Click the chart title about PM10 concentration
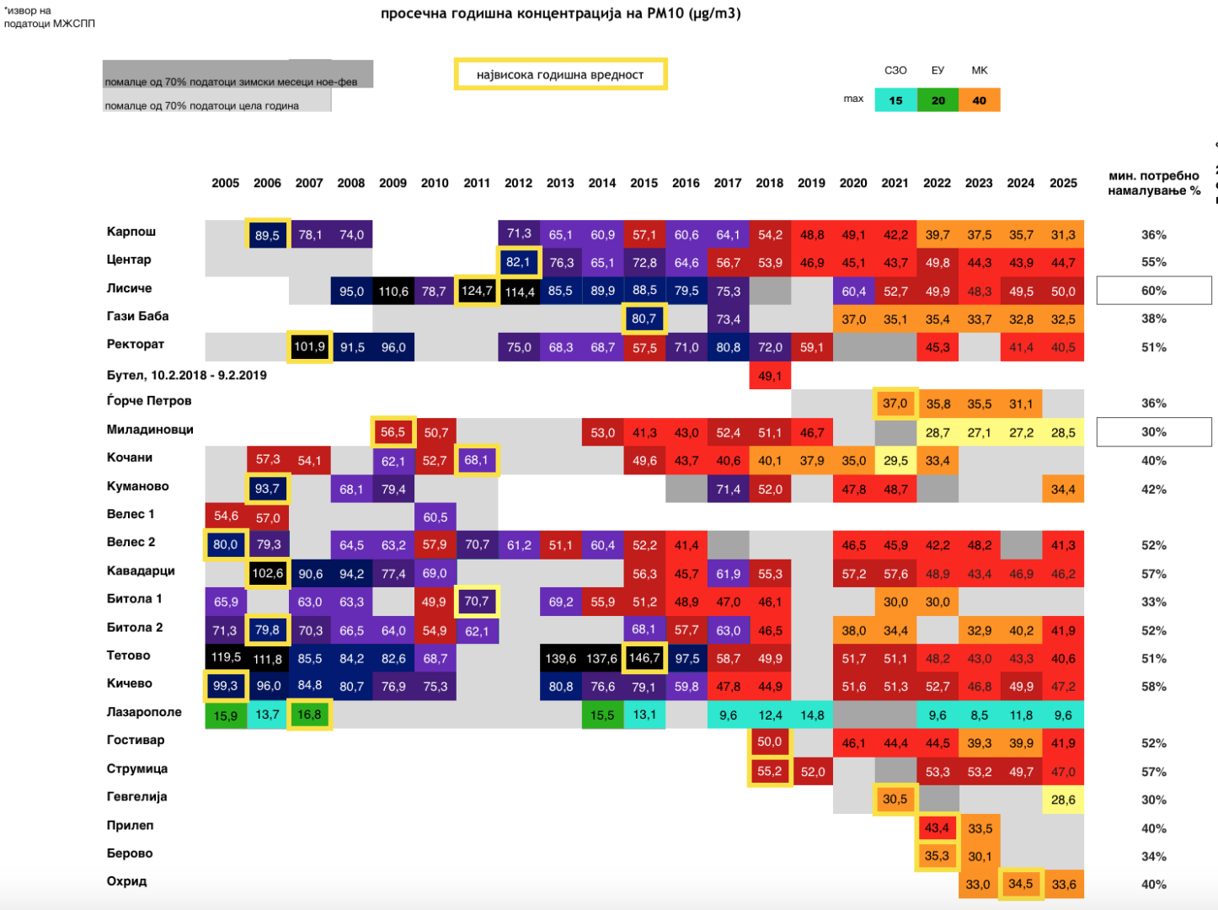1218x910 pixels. [560, 13]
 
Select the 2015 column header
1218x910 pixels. [644, 183]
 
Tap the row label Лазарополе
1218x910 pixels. [144, 712]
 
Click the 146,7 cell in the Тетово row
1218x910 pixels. [644, 658]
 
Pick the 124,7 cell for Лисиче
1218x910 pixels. [477, 291]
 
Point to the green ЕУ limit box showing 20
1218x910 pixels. [938, 100]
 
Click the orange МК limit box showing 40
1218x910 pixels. [979, 100]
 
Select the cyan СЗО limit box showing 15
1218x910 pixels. [895, 100]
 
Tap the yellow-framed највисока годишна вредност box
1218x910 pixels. [560, 74]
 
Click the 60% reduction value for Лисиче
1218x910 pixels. [1153, 291]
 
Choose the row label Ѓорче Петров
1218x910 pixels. [149, 400]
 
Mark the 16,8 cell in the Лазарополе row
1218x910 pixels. [309, 715]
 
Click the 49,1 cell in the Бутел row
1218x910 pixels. [770, 376]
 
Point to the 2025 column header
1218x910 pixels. [1063, 183]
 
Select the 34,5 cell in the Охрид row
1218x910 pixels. [1021, 884]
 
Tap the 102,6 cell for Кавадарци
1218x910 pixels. [268, 573]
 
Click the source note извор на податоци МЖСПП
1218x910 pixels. [49, 17]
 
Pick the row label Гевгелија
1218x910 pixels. [136, 796]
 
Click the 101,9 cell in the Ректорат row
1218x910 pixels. [309, 347]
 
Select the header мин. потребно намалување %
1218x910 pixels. [1153, 183]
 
